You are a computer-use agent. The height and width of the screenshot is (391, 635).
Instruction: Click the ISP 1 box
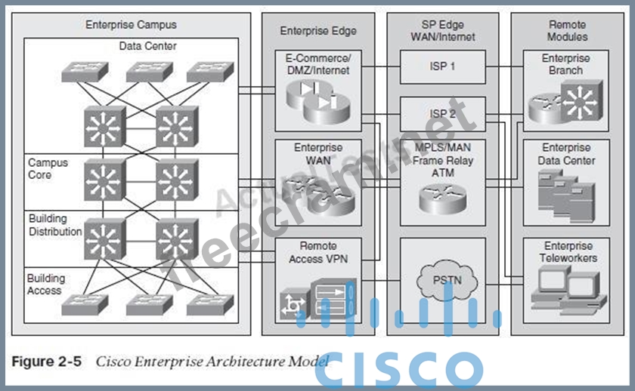click(x=442, y=66)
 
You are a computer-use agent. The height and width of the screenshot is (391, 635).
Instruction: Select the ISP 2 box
click(x=442, y=114)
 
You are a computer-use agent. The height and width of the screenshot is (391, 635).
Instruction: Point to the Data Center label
click(x=147, y=47)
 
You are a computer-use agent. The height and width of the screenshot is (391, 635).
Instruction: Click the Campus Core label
click(x=48, y=168)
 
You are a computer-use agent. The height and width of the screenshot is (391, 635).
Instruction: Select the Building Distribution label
click(x=54, y=225)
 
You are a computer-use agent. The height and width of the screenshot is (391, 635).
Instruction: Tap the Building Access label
click(x=46, y=284)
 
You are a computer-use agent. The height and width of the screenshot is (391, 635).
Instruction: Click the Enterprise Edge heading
click(x=317, y=31)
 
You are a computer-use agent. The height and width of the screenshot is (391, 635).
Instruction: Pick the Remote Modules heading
click(x=568, y=30)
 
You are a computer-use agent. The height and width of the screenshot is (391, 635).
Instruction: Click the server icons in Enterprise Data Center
click(x=564, y=189)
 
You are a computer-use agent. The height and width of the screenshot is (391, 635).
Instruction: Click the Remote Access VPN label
click(x=317, y=252)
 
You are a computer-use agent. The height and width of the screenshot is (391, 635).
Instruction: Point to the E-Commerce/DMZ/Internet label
click(x=318, y=64)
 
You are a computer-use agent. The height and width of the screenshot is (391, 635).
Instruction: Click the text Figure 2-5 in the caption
click(x=48, y=361)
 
